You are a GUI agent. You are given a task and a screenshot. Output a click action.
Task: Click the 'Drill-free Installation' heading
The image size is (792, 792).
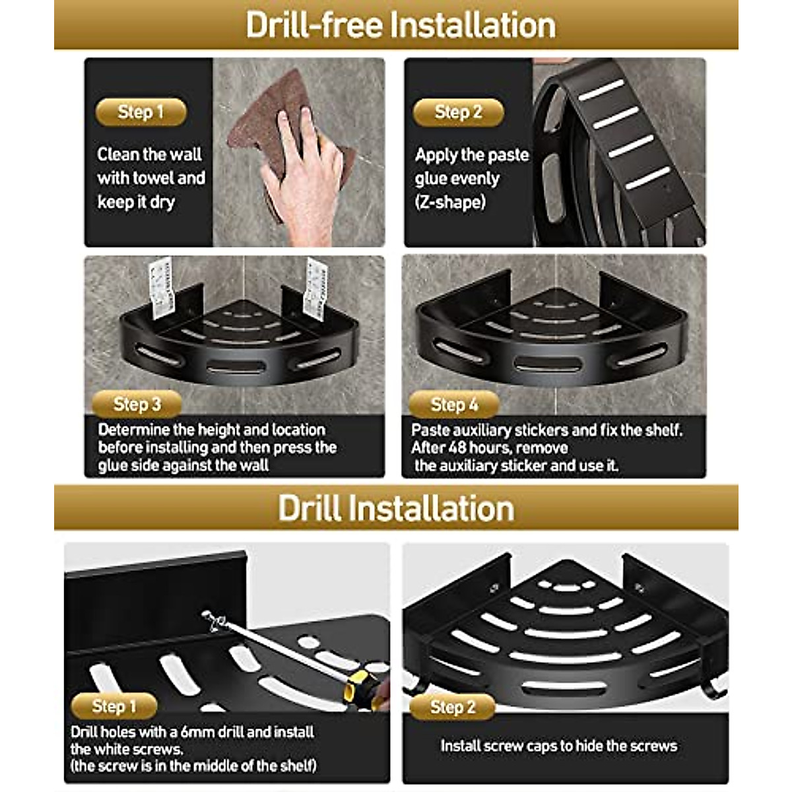pyautogui.click(x=401, y=26)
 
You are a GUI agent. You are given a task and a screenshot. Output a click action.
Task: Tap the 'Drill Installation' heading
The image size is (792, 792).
pyautogui.click(x=396, y=508)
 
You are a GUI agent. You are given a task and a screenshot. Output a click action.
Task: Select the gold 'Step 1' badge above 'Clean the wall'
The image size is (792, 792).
pyautogui.click(x=141, y=112)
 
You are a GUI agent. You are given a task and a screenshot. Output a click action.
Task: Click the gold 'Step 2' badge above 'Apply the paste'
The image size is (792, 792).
pyautogui.click(x=458, y=112)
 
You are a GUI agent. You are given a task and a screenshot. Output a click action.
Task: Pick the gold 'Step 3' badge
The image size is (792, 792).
pyautogui.click(x=137, y=405)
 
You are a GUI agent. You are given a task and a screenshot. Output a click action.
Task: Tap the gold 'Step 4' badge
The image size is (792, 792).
pyautogui.click(x=454, y=405)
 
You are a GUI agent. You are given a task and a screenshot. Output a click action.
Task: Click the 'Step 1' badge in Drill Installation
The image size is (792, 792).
pyautogui.click(x=114, y=706)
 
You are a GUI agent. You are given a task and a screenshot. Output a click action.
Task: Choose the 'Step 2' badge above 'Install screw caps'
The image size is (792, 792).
pyautogui.click(x=453, y=707)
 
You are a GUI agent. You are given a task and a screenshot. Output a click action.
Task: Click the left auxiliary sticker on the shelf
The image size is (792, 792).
pyautogui.click(x=161, y=288)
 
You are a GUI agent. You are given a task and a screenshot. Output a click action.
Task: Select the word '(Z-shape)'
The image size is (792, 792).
pyautogui.click(x=451, y=202)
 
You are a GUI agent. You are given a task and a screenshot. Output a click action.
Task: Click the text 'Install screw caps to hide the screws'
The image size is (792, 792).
pyautogui.click(x=559, y=746)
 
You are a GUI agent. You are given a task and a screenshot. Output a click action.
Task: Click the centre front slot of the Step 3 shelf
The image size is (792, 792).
pyautogui.click(x=236, y=366)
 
